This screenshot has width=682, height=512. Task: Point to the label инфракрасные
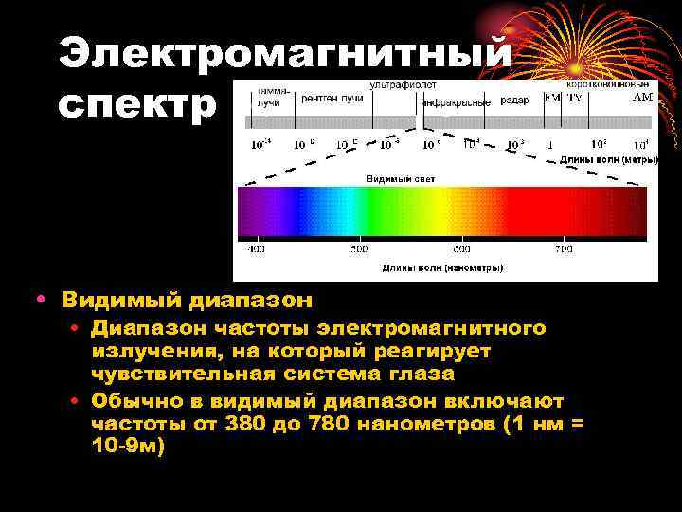click(x=456, y=101)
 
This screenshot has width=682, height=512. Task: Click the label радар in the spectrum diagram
click(x=514, y=100)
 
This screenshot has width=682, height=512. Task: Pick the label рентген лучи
click(x=332, y=98)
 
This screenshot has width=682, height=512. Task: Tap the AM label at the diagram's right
click(x=642, y=97)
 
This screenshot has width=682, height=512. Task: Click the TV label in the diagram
click(x=574, y=98)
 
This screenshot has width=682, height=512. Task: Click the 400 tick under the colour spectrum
click(x=256, y=249)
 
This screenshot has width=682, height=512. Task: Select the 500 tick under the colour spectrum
click(x=359, y=249)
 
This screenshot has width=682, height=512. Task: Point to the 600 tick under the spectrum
click(x=461, y=249)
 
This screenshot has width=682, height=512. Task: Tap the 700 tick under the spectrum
click(x=564, y=249)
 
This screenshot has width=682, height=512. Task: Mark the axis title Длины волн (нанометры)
click(x=442, y=268)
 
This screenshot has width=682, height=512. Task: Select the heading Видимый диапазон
click(x=187, y=301)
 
